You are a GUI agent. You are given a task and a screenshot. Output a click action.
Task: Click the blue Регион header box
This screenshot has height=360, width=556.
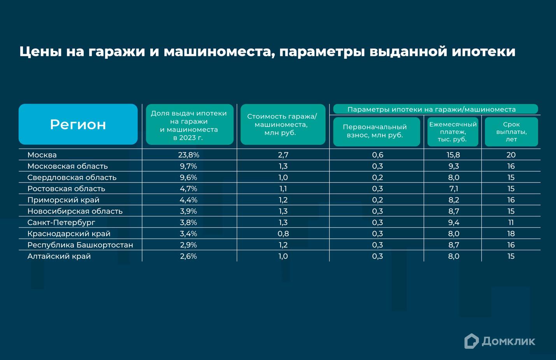pos(78,124)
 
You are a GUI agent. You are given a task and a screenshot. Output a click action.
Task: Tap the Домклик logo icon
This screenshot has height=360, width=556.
pos(471,341)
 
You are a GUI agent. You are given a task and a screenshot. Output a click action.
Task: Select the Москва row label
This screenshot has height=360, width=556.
pos(42,155)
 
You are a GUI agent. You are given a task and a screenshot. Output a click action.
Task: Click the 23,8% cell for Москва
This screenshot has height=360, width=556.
pos(189,155)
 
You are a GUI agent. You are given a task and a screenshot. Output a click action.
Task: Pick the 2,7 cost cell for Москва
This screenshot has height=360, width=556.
pos(283,155)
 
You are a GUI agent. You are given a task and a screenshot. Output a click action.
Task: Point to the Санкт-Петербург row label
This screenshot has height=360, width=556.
pos(61,223)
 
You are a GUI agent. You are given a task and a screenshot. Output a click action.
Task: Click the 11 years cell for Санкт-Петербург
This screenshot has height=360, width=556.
pos(511,223)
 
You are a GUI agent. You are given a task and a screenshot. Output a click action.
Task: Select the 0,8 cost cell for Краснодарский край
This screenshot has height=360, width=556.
pos(283,234)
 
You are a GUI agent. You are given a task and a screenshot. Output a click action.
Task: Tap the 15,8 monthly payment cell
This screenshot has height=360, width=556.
pos(453,155)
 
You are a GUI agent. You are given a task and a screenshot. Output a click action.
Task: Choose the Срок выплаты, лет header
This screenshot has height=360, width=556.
pos(511,132)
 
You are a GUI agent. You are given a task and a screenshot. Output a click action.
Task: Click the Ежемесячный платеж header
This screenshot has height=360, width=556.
pos(453,132)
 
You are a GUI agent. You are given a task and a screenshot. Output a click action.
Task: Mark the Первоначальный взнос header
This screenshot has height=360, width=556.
pos(376,132)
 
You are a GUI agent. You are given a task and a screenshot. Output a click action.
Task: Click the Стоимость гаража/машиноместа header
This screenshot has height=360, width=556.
pos(283,125)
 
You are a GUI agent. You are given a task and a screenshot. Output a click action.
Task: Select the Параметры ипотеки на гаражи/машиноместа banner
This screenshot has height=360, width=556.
pos(435,109)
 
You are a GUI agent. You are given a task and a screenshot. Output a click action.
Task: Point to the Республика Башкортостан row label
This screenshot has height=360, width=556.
pos(80,245)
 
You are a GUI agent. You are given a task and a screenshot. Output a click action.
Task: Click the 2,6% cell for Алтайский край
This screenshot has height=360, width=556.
pos(189,256)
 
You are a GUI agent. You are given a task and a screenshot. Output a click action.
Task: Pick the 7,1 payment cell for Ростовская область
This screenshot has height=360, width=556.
pos(453,189)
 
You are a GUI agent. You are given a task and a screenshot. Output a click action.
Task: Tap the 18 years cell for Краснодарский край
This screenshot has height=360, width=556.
pos(511,234)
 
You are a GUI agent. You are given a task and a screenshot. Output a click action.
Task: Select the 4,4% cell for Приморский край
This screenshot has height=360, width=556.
pos(189,200)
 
